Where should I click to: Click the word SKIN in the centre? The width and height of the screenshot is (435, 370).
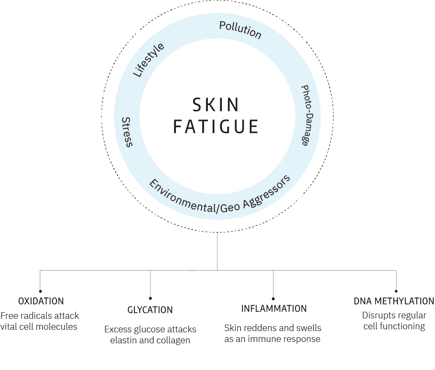(216, 105)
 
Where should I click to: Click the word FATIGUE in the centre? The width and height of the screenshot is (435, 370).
(216, 126)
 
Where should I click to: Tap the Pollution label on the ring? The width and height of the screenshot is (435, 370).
(240, 30)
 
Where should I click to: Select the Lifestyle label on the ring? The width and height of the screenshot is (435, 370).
(148, 60)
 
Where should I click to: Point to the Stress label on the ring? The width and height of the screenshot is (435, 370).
(127, 132)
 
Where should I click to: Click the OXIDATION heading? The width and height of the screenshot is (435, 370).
(41, 301)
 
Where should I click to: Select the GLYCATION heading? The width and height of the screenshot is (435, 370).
(150, 310)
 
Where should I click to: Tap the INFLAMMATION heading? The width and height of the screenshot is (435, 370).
(274, 309)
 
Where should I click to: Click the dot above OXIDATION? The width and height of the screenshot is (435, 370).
(40, 291)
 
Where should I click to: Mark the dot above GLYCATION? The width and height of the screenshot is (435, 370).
(150, 298)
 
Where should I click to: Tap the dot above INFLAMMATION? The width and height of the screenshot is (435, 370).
(274, 298)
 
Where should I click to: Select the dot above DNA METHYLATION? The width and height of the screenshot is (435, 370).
(396, 291)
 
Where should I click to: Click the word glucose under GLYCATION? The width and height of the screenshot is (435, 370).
(148, 329)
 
